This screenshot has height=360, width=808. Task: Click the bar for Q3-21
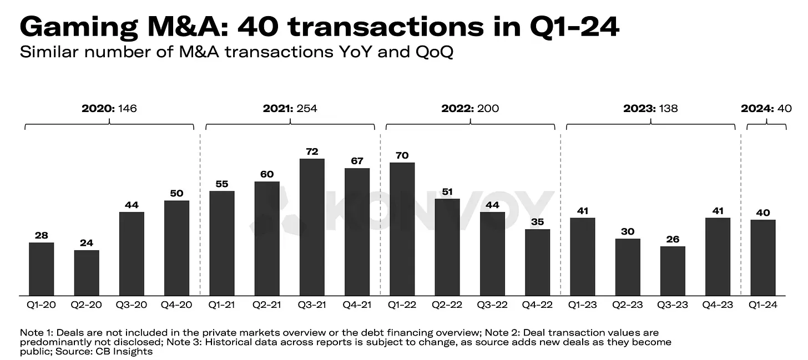(312, 227)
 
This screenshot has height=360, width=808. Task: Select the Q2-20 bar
(87, 273)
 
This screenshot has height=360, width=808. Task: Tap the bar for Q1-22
(402, 229)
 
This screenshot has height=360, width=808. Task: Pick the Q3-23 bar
(673, 271)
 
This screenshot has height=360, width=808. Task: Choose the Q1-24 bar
(762, 258)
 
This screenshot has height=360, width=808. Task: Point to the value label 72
(312, 151)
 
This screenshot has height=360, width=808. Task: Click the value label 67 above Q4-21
(357, 161)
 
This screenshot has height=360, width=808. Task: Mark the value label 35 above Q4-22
(537, 222)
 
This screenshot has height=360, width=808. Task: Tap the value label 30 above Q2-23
(628, 231)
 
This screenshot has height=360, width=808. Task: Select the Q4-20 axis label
(176, 305)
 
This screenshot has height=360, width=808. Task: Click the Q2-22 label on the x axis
(447, 305)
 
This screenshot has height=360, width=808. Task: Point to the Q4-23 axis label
(718, 305)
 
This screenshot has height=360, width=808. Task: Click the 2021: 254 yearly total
(290, 108)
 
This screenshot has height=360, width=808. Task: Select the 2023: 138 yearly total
(650, 108)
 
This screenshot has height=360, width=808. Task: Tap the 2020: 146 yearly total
(109, 108)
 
